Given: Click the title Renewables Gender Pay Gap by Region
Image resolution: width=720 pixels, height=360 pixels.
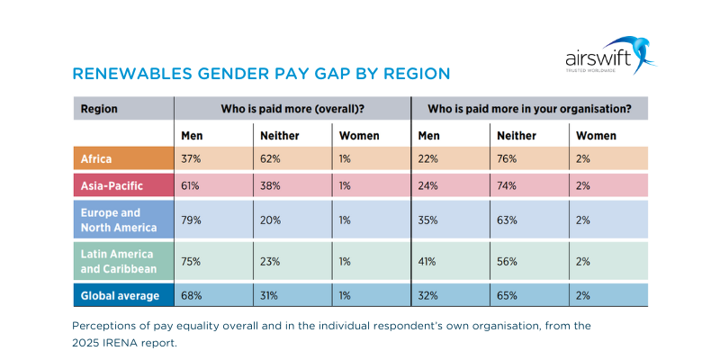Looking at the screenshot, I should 260,73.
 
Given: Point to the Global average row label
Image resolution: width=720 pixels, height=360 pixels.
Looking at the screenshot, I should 120,294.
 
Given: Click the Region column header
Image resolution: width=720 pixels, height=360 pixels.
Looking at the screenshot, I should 99,109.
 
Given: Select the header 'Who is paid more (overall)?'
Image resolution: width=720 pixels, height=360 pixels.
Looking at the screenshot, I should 292,109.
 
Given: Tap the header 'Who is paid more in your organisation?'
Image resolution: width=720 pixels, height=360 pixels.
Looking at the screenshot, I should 529,109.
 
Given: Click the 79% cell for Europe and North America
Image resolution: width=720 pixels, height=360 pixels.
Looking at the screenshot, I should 191,220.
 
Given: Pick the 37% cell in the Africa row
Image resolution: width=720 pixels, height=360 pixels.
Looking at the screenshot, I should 191,159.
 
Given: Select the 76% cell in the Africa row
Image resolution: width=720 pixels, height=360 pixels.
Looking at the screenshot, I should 506,159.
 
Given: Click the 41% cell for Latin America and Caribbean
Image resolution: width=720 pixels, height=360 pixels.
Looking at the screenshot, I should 427,261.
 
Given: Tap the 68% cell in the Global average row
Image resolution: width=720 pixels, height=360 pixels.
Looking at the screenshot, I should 191,294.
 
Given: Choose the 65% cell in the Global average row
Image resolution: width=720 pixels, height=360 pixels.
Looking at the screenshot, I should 506,294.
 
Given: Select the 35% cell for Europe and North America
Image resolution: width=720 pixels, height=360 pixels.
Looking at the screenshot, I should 428,220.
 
